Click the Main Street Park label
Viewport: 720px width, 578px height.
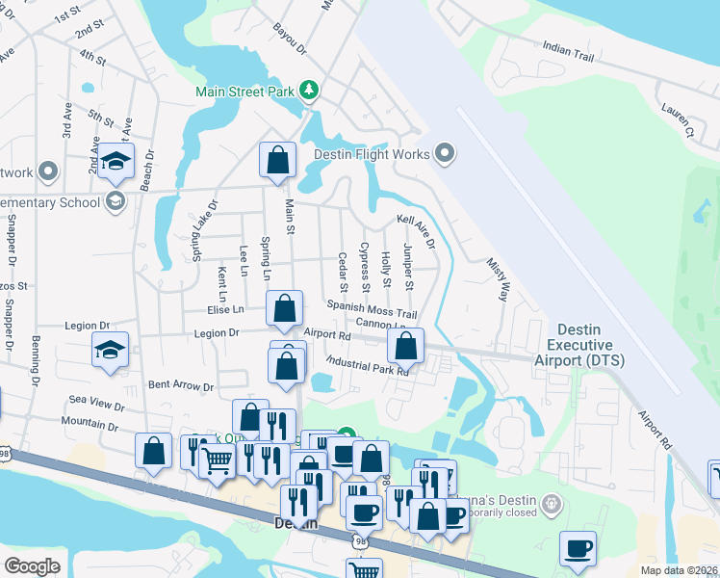(245, 92)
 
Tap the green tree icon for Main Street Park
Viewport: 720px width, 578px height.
(309, 91)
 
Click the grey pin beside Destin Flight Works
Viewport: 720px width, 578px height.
(445, 153)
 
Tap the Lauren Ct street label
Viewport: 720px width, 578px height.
(679, 119)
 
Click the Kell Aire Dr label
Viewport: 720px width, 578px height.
(417, 232)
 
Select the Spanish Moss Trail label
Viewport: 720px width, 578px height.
(372, 308)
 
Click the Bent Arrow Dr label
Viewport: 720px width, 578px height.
(180, 385)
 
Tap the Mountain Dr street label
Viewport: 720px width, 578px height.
(89, 423)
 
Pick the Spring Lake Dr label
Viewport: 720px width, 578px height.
(196, 231)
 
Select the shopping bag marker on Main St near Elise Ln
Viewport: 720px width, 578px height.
(284, 308)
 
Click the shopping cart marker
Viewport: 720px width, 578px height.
(218, 460)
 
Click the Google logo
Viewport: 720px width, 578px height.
(33, 566)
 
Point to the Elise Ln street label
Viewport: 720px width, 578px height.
(225, 309)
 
